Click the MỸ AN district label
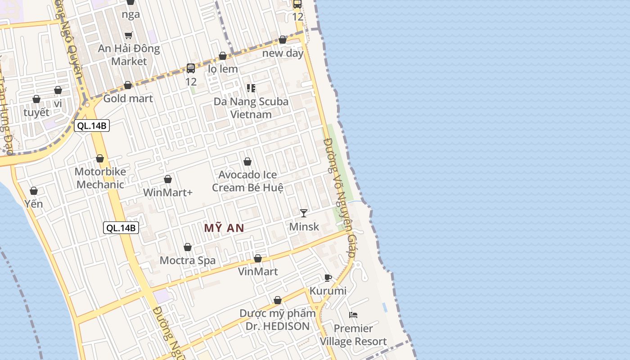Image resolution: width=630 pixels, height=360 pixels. (x=224, y=228)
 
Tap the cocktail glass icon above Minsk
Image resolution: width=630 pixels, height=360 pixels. (x=304, y=213)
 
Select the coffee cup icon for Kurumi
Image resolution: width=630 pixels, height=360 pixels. (x=328, y=278)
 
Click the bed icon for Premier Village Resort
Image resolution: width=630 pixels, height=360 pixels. (x=353, y=315)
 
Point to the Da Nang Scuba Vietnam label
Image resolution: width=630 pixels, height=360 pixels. (x=251, y=108)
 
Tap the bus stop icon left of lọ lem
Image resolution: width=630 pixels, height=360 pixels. (x=191, y=68)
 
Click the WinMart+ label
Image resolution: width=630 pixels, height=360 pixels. (x=168, y=193)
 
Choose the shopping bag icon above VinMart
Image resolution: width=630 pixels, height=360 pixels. (x=258, y=258)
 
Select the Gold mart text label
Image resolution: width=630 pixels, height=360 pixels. (x=128, y=99)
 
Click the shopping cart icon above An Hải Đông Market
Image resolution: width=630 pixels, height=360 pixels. (x=129, y=35)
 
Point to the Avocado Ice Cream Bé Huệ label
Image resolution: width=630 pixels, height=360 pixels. (x=247, y=181)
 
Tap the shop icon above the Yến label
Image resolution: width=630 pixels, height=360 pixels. (x=33, y=191)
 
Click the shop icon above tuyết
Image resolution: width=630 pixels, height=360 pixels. (x=36, y=99)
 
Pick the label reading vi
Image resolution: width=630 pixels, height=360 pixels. (x=58, y=103)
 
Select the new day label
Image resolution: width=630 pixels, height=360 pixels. (x=283, y=53)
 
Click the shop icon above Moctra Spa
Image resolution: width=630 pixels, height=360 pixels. (x=188, y=247)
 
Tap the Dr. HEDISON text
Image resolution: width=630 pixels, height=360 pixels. (x=278, y=326)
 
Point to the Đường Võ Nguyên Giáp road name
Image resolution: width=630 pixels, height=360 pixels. (x=340, y=198)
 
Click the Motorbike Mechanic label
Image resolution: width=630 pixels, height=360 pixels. (x=100, y=178)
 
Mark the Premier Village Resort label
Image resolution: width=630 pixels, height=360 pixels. (x=353, y=335)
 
